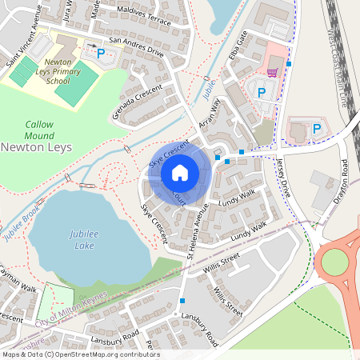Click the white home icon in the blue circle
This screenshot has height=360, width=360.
[179, 173]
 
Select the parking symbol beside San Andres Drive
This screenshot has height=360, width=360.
[101, 54]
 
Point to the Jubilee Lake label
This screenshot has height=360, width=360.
[79, 238]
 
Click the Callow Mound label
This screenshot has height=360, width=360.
[39, 130]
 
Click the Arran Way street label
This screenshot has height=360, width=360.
[209, 118]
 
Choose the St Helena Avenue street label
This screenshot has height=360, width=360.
[197, 230]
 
